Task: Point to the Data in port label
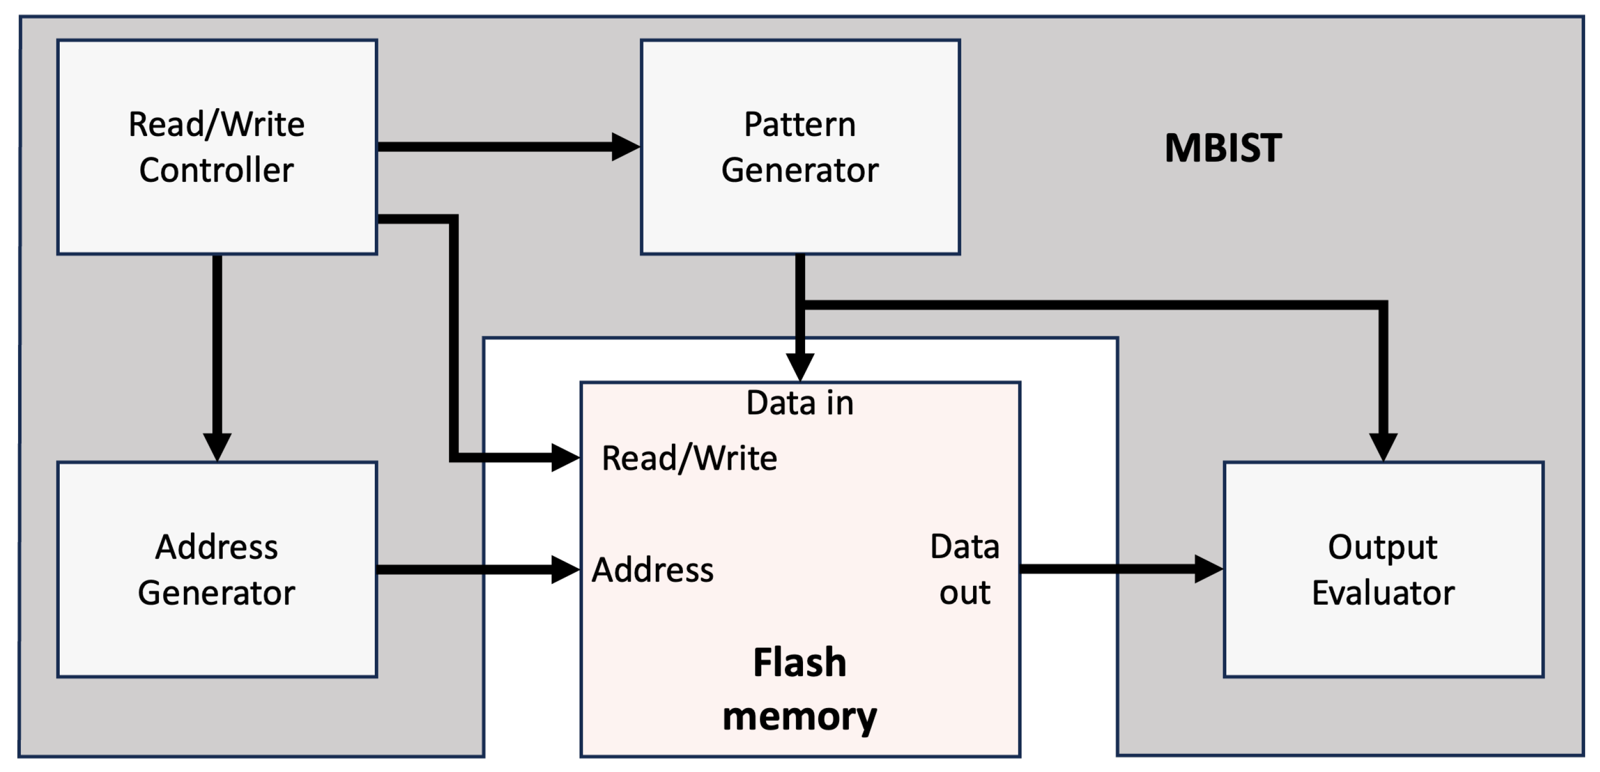[800, 403]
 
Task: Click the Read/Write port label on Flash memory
[689, 459]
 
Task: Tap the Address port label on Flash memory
[653, 569]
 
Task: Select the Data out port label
[964, 569]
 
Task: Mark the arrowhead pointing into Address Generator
[217, 447]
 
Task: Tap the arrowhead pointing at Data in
[800, 366]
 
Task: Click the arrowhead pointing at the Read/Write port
[565, 459]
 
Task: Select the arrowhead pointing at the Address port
[565, 569]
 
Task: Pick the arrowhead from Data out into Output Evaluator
[1209, 569]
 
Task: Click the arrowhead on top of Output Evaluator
[1383, 447]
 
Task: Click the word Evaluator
[1383, 592]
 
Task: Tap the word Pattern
[800, 124]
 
